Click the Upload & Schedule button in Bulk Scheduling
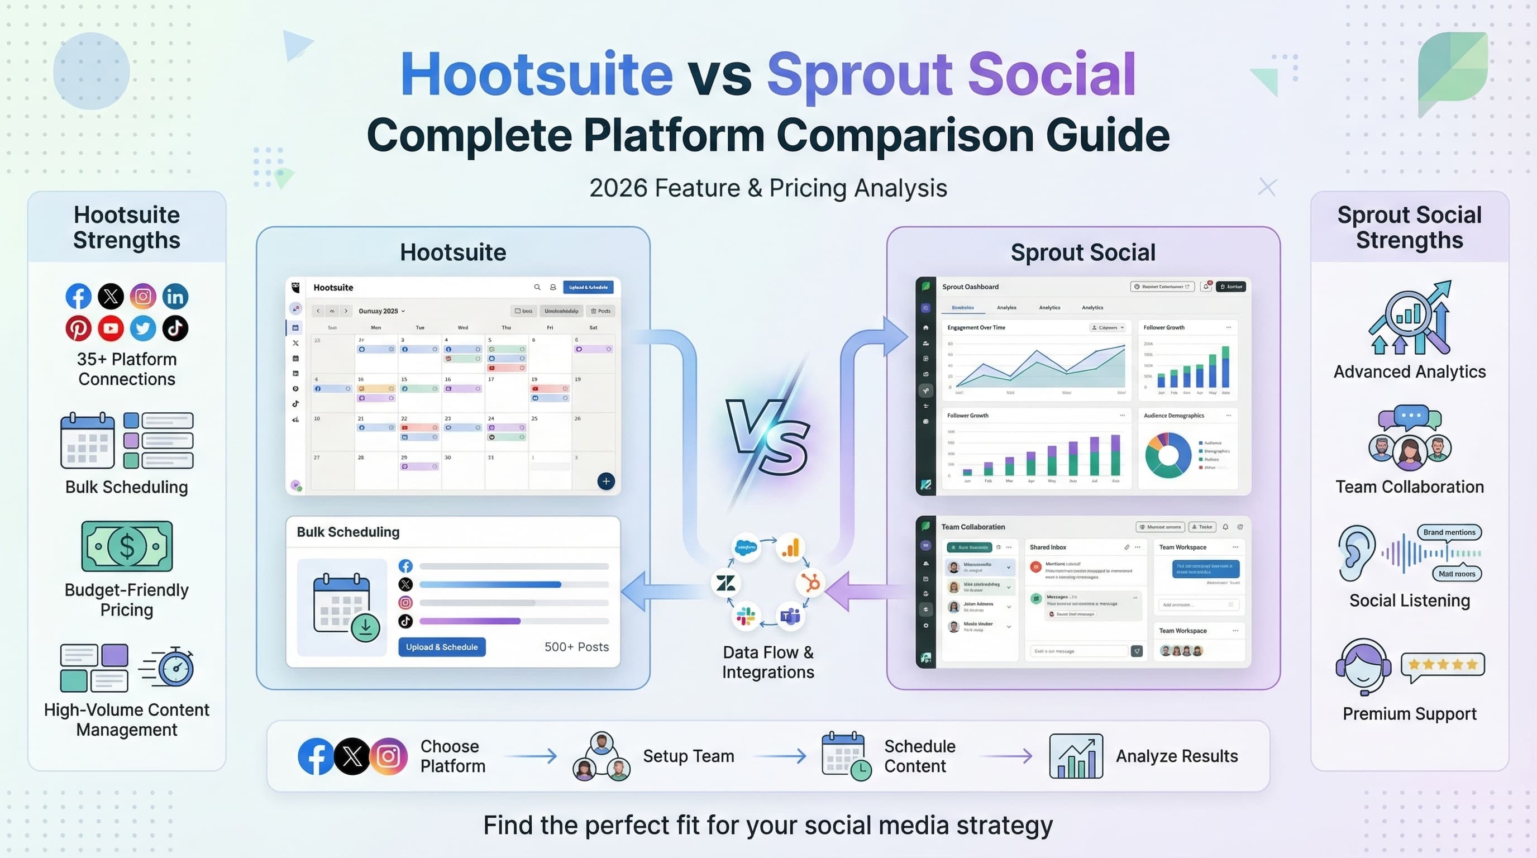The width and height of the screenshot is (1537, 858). coord(442,647)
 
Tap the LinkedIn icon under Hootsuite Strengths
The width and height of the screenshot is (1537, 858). coord(175,296)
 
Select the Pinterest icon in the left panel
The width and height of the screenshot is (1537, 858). coord(78,328)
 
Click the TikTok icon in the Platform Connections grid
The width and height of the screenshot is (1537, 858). coord(175,328)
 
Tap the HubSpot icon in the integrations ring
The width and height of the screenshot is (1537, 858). coord(811,583)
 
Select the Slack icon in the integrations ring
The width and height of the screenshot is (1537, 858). coord(745,616)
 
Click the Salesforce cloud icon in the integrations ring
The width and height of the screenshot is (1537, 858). coord(746,547)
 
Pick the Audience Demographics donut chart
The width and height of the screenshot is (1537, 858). coord(1168,455)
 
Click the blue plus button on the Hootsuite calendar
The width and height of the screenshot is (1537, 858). coord(605,481)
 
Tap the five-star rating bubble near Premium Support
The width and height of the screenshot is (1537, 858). coord(1442,665)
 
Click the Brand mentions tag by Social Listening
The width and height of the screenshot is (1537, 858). coord(1449,532)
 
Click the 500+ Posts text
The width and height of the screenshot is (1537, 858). coord(576,647)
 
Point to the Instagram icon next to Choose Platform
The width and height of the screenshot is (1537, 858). coord(388,756)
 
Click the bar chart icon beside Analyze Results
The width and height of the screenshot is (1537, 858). coord(1076,756)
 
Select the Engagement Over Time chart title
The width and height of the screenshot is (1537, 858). coord(976,327)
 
